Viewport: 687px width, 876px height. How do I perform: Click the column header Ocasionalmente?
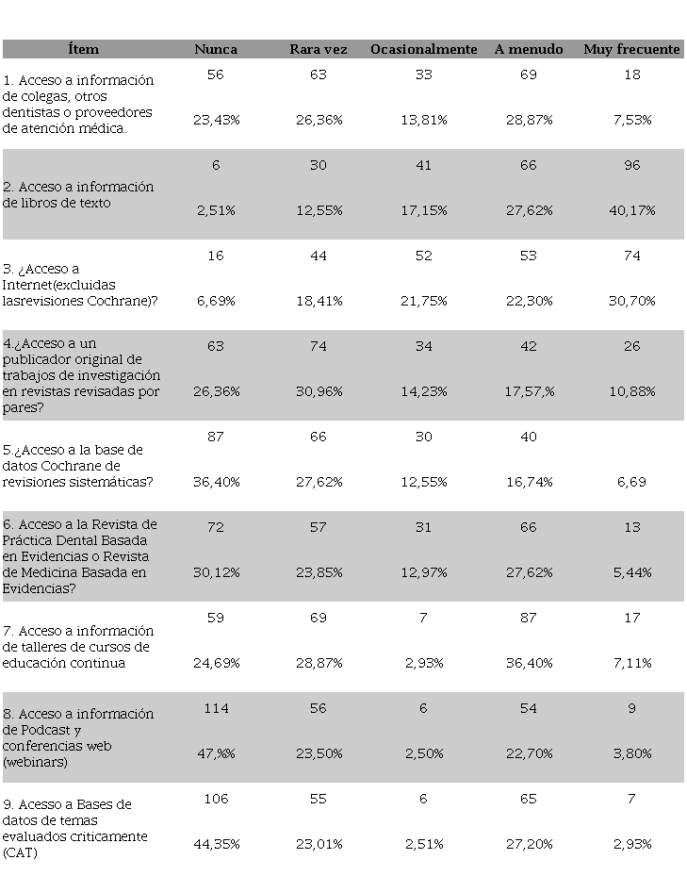click(x=423, y=49)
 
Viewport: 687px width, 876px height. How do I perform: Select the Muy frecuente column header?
click(x=631, y=49)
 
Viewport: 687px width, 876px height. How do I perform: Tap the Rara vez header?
click(x=319, y=49)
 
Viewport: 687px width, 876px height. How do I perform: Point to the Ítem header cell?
click(x=83, y=49)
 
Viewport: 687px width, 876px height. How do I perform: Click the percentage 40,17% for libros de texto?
click(x=631, y=210)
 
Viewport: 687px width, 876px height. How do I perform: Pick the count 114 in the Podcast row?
click(x=216, y=708)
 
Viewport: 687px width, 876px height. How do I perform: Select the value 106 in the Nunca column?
click(x=216, y=799)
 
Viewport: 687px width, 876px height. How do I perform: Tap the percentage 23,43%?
click(x=216, y=120)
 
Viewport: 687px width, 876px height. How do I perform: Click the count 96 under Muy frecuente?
click(x=631, y=165)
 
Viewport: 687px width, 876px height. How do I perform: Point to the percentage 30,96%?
click(x=319, y=391)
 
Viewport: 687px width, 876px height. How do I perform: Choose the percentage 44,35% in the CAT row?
click(x=216, y=844)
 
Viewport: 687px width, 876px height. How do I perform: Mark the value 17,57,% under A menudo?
click(x=528, y=391)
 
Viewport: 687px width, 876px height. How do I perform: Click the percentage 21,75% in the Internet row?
click(x=423, y=301)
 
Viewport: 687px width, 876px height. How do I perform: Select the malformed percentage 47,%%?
click(x=216, y=753)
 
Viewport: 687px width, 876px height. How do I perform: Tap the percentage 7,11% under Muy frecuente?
click(x=631, y=663)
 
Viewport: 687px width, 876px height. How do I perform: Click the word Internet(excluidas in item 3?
click(x=60, y=284)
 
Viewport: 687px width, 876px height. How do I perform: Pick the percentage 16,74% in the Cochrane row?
click(x=528, y=482)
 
